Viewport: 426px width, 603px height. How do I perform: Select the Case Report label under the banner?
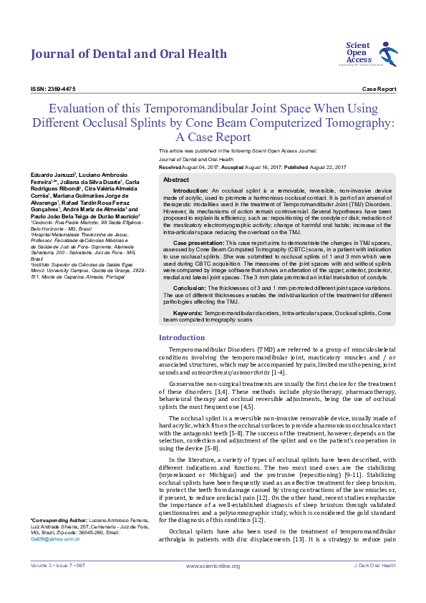379,89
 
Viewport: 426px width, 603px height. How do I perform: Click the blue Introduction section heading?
182,337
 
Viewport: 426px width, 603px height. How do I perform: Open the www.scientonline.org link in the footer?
213,566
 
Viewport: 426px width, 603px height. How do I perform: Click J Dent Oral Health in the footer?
374,566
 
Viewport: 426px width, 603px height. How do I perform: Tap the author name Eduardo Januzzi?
52,175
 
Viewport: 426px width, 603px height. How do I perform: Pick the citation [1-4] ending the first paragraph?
279,372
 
